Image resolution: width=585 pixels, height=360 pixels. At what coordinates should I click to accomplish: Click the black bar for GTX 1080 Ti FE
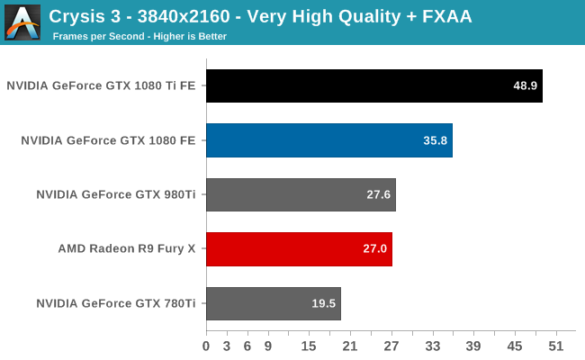coord(373,86)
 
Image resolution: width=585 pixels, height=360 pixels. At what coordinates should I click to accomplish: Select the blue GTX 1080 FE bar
coord(328,140)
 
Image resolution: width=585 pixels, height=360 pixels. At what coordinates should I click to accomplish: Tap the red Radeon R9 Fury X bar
coord(299,248)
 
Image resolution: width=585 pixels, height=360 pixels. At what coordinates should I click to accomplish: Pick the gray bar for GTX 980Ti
coord(301,194)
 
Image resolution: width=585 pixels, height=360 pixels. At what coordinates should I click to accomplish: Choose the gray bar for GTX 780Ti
coord(273,302)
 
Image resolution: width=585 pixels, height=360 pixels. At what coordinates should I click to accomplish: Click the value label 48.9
coord(526,86)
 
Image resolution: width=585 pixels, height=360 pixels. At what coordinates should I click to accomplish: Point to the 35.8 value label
coord(436,140)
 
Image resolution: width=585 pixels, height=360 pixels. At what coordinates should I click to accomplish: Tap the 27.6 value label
coord(379,194)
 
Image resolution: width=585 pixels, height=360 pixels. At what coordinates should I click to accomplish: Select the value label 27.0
coord(375,248)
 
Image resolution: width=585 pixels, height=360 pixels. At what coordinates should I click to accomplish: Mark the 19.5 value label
coord(324,302)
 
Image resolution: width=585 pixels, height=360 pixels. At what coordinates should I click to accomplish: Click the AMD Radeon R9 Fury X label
coord(127,248)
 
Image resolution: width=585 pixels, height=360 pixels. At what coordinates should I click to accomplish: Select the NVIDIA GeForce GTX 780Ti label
coord(116,302)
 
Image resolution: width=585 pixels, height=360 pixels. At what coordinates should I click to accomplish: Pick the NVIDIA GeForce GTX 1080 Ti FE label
coord(102,86)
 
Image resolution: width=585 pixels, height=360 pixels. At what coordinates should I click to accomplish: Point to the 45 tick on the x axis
coord(515,346)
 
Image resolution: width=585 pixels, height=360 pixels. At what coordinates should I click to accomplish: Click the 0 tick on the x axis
coord(206,346)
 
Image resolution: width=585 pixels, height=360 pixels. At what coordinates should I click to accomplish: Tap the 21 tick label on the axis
coord(350,346)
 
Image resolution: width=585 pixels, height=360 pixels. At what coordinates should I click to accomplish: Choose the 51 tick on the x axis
coord(556,346)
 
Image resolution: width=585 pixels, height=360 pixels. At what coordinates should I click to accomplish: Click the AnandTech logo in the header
coord(22,22)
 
